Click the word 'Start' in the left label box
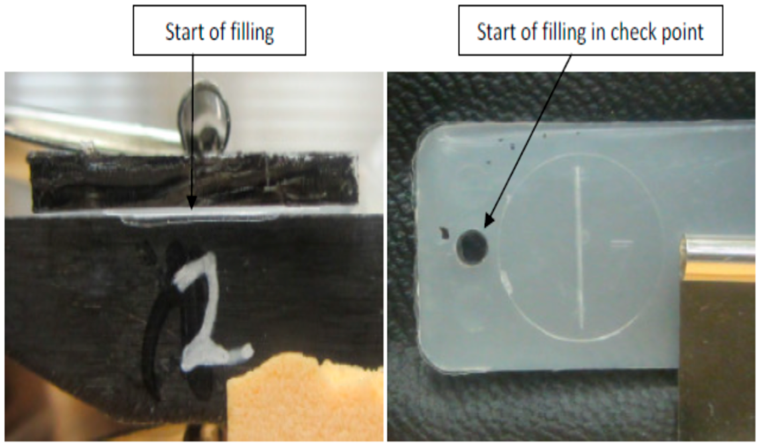pos(184,32)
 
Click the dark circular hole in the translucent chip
pos(472,247)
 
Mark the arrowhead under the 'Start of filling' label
pos(191,203)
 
